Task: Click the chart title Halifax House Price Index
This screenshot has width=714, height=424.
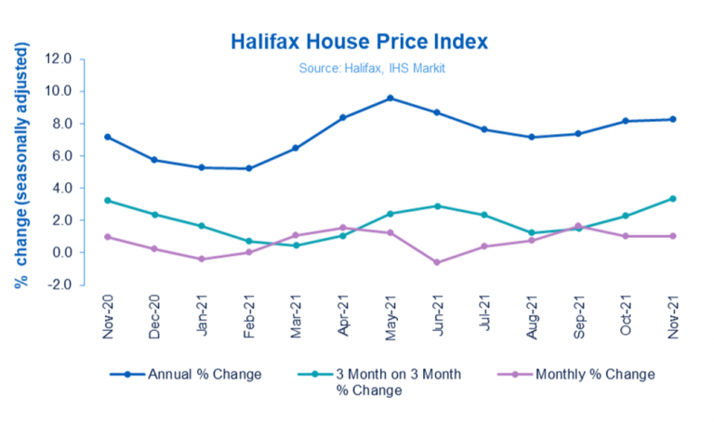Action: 358,43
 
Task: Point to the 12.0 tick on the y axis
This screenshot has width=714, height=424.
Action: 59,59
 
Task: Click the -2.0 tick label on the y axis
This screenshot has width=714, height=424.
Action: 59,285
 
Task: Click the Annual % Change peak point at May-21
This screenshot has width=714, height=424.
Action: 390,98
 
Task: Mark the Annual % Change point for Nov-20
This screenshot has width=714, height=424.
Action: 108,137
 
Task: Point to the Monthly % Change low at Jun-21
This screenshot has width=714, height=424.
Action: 437,262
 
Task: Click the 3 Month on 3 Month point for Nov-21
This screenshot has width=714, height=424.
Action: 673,198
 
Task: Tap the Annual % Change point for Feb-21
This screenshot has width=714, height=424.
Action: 249,168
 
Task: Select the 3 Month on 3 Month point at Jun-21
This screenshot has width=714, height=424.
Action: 437,205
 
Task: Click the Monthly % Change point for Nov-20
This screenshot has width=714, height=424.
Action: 108,236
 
